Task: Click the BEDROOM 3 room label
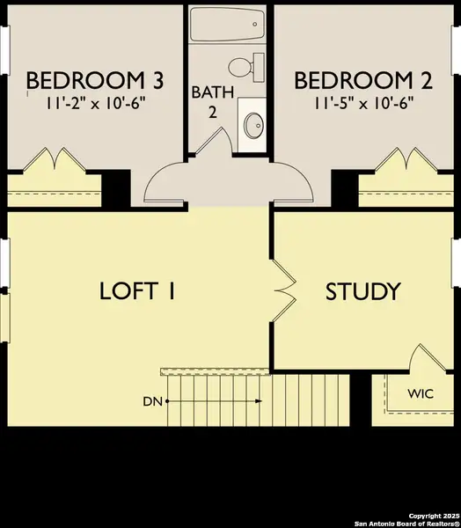94,81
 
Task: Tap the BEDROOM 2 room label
363,81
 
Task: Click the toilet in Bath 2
244,65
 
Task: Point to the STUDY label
363,291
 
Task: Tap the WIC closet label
420,392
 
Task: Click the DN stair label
151,402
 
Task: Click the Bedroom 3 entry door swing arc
165,183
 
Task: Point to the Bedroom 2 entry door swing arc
296,183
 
